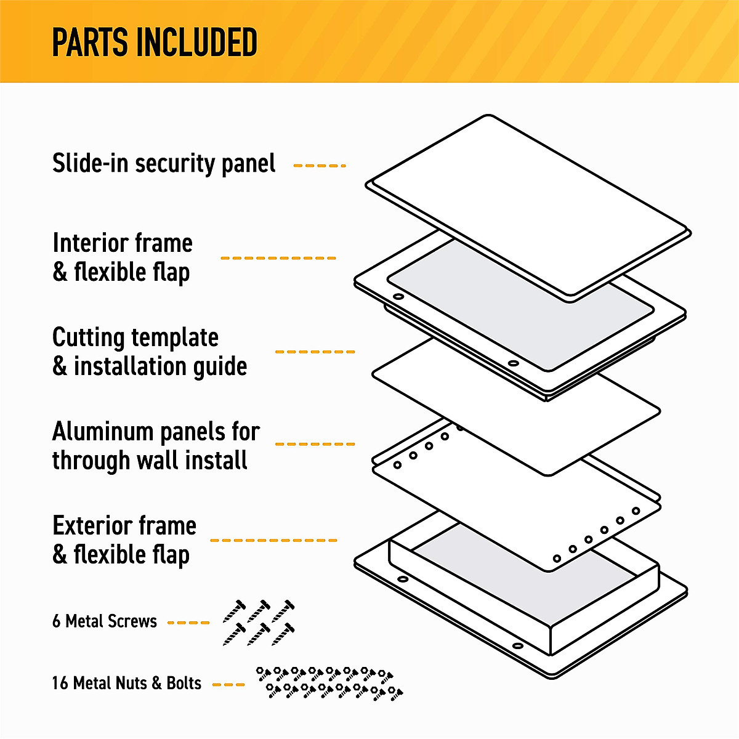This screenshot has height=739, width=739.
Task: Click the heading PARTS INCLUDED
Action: pos(154,42)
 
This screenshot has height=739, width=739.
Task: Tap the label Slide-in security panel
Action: pos(164,164)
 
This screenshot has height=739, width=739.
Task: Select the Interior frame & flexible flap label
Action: pos(122,257)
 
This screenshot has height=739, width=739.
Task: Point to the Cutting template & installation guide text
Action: pos(149,352)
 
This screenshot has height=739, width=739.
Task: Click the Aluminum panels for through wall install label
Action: pos(155,446)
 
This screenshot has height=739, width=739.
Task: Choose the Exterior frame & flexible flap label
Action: pos(124,540)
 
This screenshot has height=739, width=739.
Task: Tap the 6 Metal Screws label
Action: pos(105,621)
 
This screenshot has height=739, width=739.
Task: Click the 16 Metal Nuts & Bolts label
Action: pos(126,684)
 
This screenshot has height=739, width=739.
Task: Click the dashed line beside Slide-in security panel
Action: pos(319,166)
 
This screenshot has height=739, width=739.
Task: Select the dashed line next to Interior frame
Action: pos(278,258)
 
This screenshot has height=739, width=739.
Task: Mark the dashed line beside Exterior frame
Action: pos(273,540)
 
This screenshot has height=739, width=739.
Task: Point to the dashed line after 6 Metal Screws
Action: pos(188,623)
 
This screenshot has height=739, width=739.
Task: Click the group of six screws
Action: pos(259,622)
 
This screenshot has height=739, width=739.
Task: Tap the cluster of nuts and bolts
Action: pos(329,682)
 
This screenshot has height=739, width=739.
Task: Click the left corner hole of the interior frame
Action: pos(398,297)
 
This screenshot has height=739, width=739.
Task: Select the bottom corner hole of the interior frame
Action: pos(513,363)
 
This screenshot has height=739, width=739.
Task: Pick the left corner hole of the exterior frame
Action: pos(402,579)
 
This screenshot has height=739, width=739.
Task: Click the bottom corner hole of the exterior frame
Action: pos(518,646)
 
